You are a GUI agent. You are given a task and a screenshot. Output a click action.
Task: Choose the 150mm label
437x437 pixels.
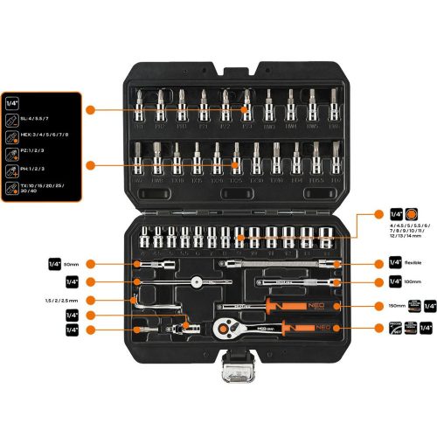pos(398,306)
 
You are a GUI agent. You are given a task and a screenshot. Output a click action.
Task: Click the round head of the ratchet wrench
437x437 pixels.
pos(223,329)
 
